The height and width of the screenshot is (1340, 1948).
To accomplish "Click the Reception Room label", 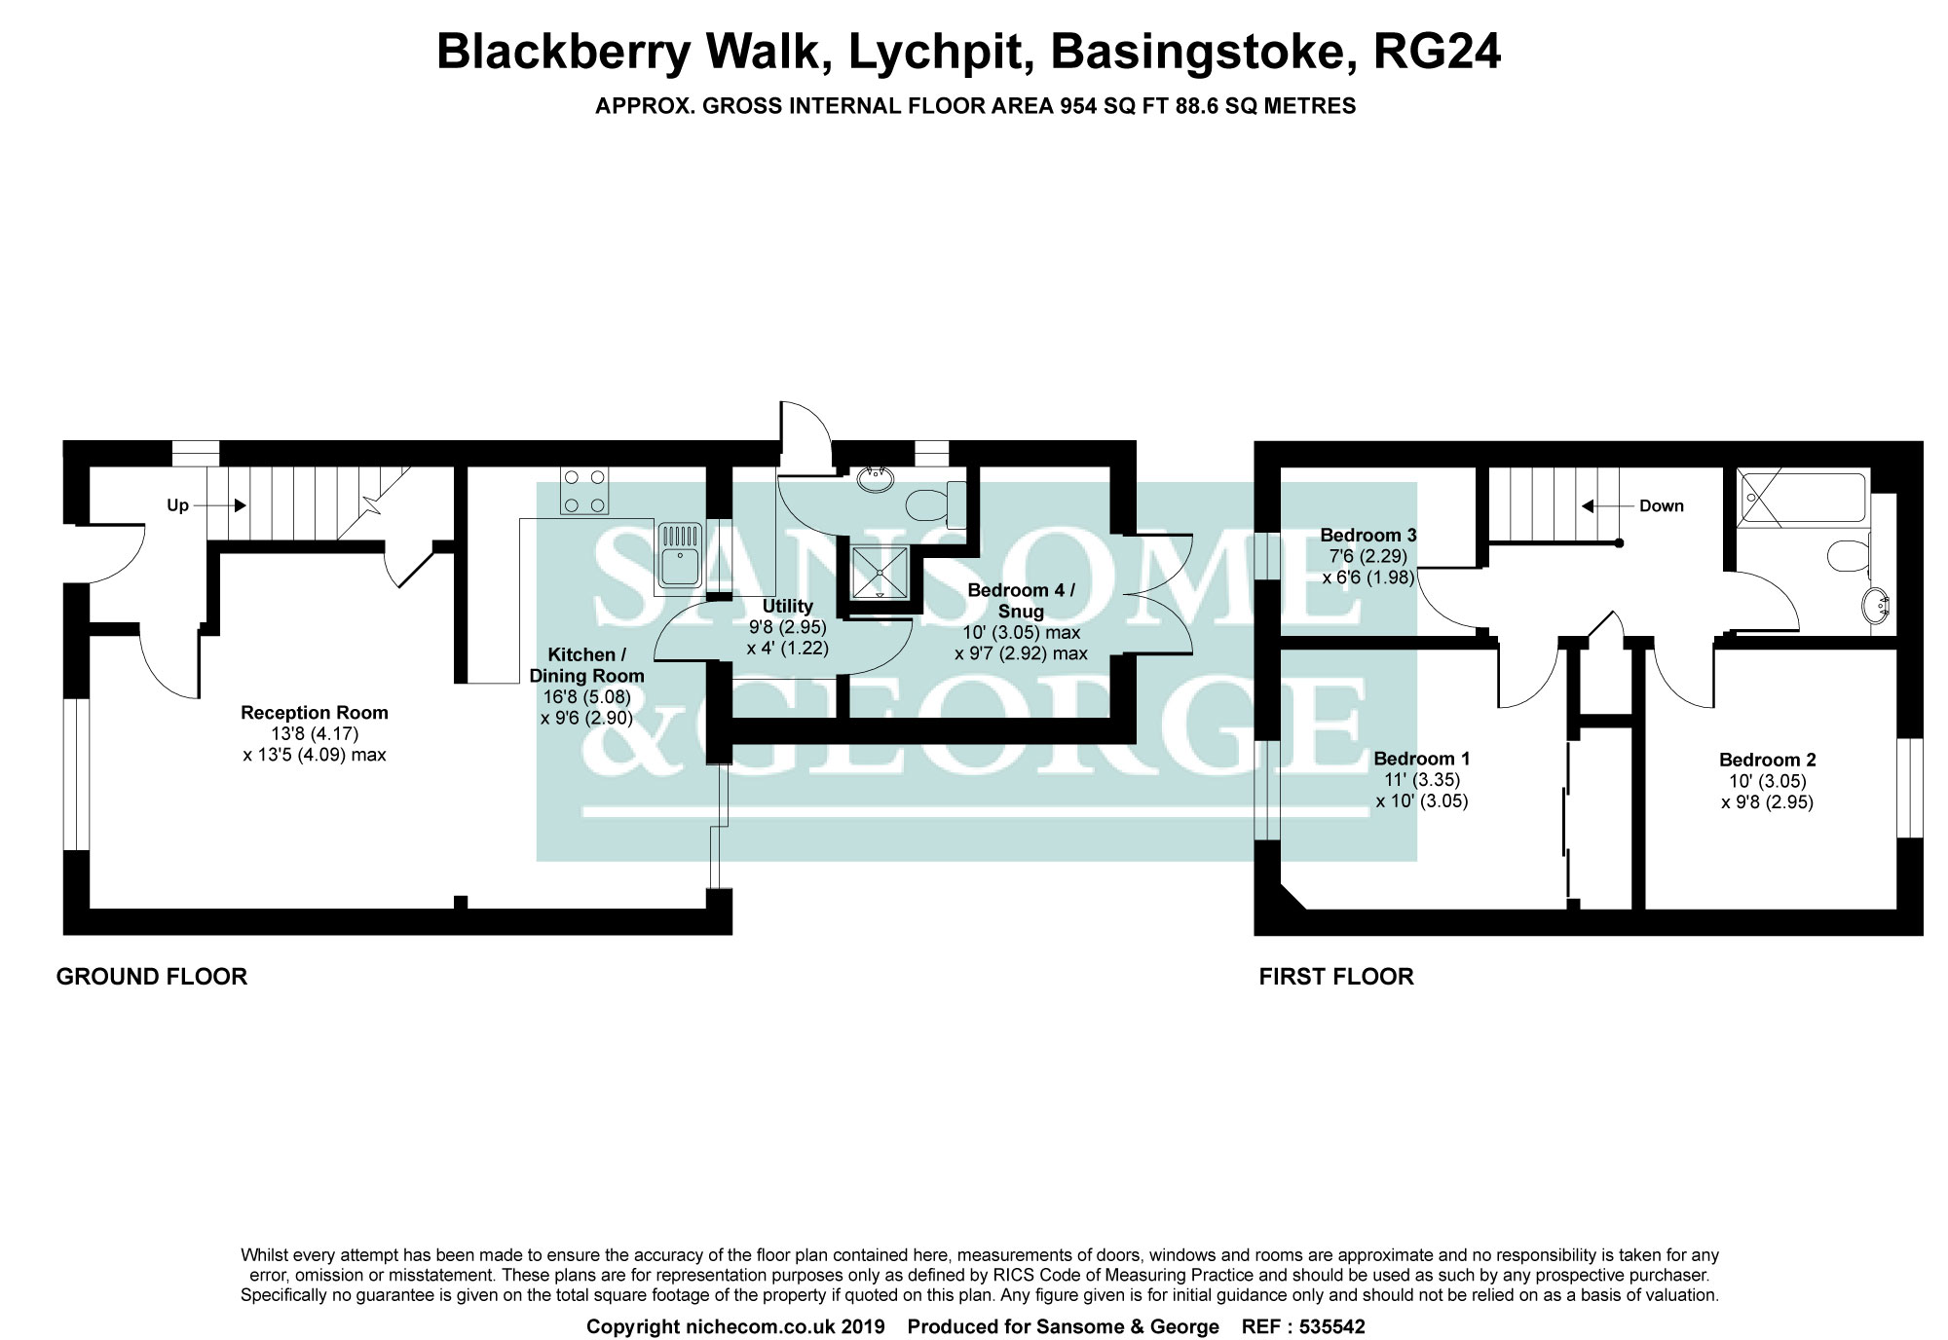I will click(315, 713).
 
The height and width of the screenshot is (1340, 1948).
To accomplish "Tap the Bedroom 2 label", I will click(1767, 760).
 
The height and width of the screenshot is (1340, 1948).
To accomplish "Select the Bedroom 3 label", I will click(1367, 535).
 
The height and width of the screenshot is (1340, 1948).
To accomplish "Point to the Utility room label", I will click(787, 607).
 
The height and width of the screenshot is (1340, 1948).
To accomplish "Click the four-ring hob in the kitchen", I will click(583, 491).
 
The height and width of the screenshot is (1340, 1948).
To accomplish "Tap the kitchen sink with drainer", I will click(679, 556).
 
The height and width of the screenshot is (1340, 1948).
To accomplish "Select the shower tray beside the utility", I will click(880, 572).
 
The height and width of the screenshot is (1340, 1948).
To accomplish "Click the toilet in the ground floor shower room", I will click(933, 503).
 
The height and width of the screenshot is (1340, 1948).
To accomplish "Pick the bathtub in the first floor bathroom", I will click(1803, 500).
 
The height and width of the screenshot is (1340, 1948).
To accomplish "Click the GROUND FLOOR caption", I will click(152, 977).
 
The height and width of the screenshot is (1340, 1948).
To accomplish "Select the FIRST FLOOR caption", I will click(1335, 977).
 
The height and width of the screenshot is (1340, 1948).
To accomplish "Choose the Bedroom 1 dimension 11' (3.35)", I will click(1421, 780).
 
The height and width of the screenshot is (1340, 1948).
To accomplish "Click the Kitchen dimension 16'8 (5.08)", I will click(586, 697).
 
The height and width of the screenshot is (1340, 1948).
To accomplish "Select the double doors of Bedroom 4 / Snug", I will click(1159, 594).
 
